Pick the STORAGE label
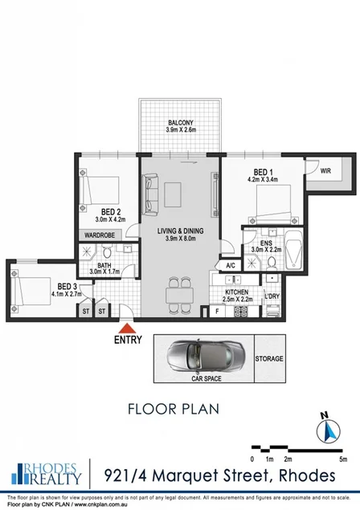tap(268, 359)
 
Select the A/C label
tap(230, 266)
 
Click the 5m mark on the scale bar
tap(344, 459)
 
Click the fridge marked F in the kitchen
tap(217, 311)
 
